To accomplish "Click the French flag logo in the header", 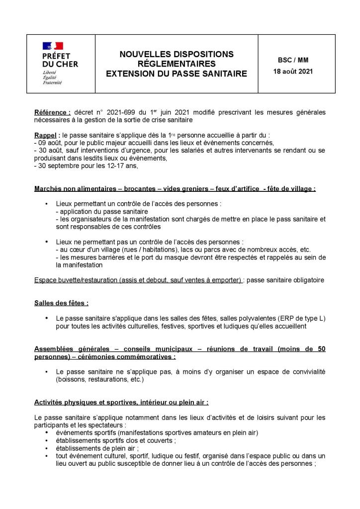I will [x=53, y=46].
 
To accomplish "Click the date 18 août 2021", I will [x=293, y=71].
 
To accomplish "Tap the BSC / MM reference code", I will [x=293, y=60].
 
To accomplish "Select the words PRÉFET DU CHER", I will [x=60, y=60].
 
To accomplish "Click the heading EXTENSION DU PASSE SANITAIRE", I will [x=176, y=74].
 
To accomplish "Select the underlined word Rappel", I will [x=44, y=135].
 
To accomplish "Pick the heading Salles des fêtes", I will [x=61, y=303].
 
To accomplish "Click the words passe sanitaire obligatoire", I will [x=285, y=280].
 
